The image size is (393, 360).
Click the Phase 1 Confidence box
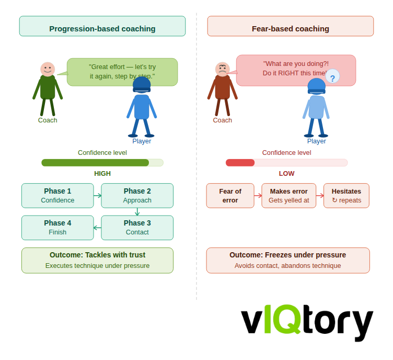point(57,195)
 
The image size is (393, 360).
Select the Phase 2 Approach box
point(137,195)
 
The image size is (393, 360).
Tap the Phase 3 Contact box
point(137,228)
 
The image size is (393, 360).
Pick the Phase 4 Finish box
point(57,228)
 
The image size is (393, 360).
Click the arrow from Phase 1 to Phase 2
point(98,195)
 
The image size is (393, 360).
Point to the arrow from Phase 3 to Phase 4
point(97,228)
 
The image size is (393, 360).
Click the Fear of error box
point(230,195)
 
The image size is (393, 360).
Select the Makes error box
point(288,195)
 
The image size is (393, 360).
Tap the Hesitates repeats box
point(346,195)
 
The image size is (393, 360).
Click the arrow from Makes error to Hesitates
point(320,195)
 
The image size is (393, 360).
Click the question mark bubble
point(332,77)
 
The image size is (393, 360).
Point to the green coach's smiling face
point(48,69)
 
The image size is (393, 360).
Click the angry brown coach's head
point(223,69)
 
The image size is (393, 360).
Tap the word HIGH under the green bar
point(102,174)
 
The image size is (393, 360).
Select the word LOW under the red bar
point(286,174)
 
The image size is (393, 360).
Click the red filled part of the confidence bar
point(240,163)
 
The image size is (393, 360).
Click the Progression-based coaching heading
point(102,28)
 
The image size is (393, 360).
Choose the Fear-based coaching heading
point(291,28)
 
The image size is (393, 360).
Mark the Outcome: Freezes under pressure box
point(288,260)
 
